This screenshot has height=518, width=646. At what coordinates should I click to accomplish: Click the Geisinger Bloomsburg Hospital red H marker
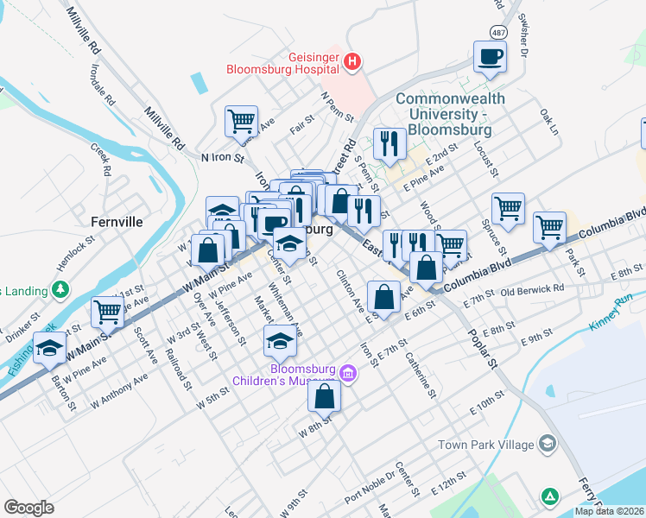[x=351, y=62]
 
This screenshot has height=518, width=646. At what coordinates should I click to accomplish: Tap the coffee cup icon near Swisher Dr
[x=490, y=57]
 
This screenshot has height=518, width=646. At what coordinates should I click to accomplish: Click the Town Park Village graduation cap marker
[x=546, y=444]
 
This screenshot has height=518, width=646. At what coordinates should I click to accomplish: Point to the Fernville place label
[x=116, y=222]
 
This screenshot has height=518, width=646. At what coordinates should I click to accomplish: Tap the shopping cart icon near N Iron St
[x=241, y=121]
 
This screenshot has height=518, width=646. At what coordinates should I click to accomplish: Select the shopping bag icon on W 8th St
[x=324, y=396]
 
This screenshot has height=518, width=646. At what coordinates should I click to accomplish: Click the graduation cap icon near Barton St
[x=50, y=349]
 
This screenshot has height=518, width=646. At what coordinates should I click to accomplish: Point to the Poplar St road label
[x=482, y=351]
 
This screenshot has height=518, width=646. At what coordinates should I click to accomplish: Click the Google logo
[x=28, y=508]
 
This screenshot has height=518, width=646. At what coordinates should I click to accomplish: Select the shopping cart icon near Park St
[x=549, y=227]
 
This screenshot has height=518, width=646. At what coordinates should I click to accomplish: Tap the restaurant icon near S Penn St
[x=389, y=143]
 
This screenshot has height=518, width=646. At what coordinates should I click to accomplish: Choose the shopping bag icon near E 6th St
[x=383, y=297]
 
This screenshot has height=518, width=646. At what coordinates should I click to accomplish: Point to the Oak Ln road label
[x=548, y=123]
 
